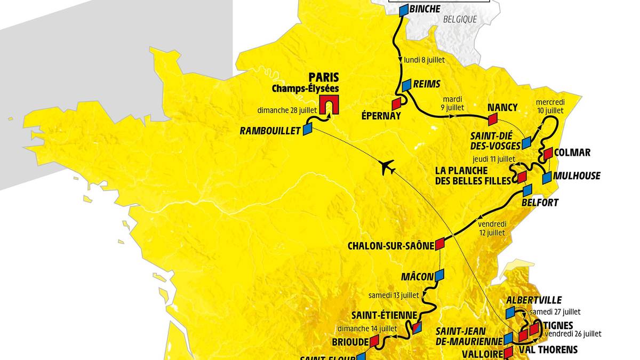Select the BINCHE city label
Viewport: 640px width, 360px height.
tap(425, 9)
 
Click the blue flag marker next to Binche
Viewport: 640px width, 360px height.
tap(404, 10)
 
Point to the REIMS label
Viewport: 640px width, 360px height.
tap(427, 84)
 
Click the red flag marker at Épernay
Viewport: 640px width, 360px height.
tap(396, 103)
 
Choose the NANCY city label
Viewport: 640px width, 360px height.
tap(502, 107)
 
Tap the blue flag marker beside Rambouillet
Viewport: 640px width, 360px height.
tap(307, 129)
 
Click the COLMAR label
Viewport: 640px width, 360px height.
tap(572, 153)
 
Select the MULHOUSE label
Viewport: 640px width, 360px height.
tap(577, 176)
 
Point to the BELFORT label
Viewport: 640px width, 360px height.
tap(541, 203)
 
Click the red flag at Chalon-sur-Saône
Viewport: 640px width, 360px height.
tap(439, 244)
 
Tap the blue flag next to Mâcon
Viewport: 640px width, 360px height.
tap(439, 275)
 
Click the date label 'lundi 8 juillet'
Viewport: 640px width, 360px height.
tap(425, 60)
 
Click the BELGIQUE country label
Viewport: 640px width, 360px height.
tap(459, 20)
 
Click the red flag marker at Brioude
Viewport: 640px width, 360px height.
tap(374, 340)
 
